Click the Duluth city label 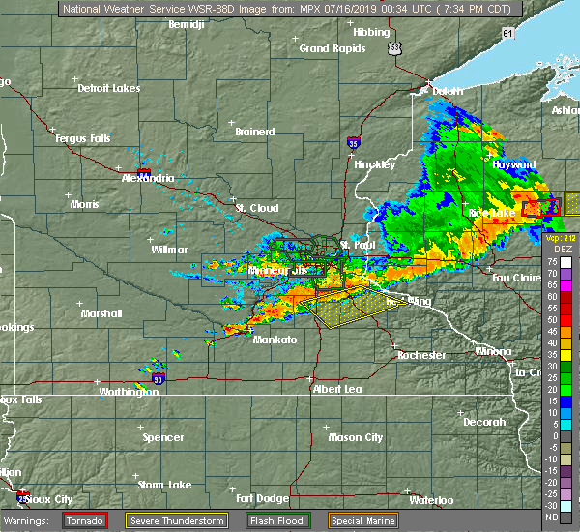(447, 91)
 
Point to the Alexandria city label (148, 179)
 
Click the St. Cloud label (257, 208)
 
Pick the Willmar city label (170, 250)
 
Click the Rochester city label (421, 355)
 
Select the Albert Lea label (336, 389)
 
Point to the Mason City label (355, 437)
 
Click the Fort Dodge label (261, 498)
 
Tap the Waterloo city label (431, 500)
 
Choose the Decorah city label (483, 422)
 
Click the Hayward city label (513, 165)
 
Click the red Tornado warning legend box (85, 520)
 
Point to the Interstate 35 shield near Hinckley (356, 143)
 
